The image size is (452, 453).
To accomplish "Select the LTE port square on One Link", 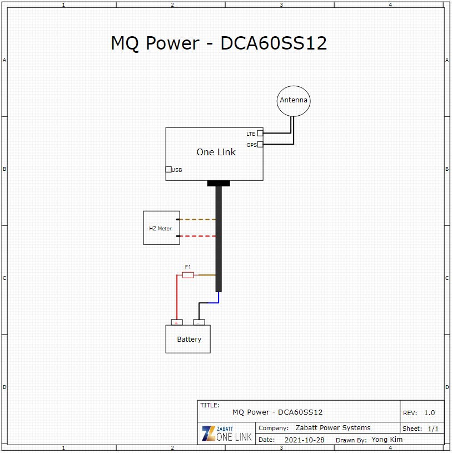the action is pos(260,133).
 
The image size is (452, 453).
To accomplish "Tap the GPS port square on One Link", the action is pos(260,144).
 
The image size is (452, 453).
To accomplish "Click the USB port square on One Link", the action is pos(168,169).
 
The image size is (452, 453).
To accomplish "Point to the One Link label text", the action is pos(216,152).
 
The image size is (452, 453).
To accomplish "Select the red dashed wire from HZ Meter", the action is pos(198,236).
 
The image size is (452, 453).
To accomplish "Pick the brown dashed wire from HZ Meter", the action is pos(198,219).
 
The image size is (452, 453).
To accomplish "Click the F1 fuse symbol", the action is pos(188,275).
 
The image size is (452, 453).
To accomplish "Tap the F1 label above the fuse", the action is pos(187,267).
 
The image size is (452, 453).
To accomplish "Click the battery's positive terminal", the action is pos(177,322).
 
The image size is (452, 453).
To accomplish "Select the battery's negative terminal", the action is pos(199,322).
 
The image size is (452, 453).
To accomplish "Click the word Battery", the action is pos(189,339).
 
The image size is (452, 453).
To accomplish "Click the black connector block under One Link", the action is pos(218,183).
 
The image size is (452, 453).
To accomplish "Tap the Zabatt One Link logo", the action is pos(227,434).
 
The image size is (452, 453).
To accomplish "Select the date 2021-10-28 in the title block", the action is pos(305,440).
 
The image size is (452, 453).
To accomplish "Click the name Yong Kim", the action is pos(387,440).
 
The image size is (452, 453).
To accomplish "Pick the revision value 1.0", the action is pos(430,412).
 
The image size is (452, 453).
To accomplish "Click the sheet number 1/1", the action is pos(433,429).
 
